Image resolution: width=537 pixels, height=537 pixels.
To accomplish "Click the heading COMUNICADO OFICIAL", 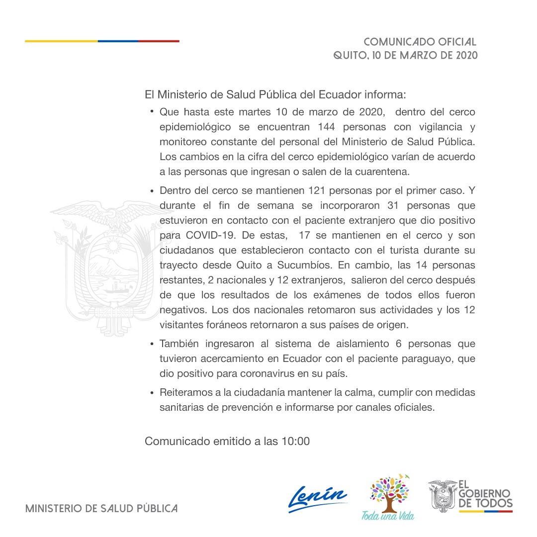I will click(420, 42).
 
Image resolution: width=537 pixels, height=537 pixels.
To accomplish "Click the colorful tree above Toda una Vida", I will click(390, 492).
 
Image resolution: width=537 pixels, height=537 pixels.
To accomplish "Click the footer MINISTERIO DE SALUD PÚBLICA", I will click(101, 509).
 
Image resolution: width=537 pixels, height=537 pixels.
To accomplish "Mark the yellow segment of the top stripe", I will click(61, 41).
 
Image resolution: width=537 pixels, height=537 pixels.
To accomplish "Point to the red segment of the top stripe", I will click(159, 41).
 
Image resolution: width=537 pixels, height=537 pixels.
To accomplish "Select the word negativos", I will click(183, 310).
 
